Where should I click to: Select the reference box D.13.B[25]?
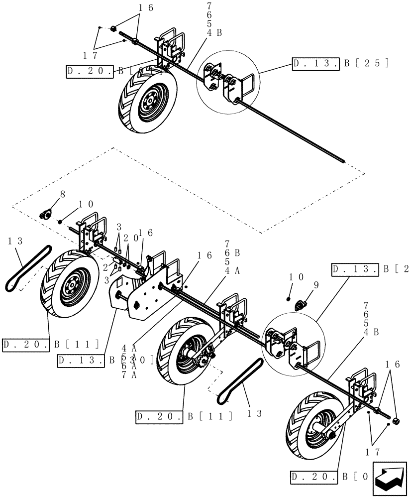tap(340, 63)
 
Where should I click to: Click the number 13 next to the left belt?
tap(15, 242)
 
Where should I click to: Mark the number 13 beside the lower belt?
tap(254, 413)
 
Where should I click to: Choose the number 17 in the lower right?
tap(373, 452)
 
